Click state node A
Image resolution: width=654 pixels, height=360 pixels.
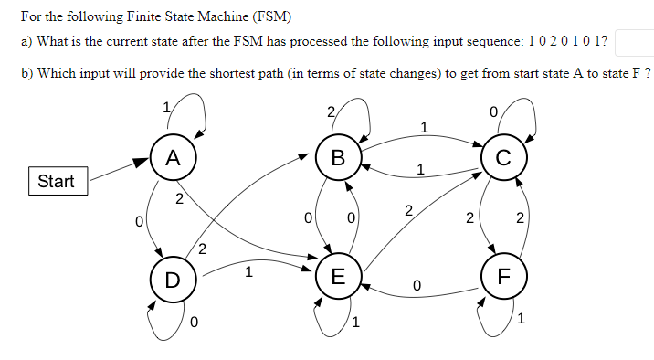tap(173, 157)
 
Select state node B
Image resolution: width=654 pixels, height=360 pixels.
tap(338, 157)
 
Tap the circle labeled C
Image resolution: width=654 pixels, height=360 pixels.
tap(503, 157)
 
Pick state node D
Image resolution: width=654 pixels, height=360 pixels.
tap(173, 278)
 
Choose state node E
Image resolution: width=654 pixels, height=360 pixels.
tap(338, 278)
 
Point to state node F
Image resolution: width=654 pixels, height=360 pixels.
tap(503, 278)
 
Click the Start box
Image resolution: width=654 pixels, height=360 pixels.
tap(57, 181)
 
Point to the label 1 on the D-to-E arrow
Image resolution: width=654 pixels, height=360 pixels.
tap(249, 271)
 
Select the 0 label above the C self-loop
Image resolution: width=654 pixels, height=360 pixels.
tap(493, 112)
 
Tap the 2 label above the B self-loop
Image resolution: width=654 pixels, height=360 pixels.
tap(330, 112)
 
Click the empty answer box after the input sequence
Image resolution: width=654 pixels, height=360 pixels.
tap(634, 42)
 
